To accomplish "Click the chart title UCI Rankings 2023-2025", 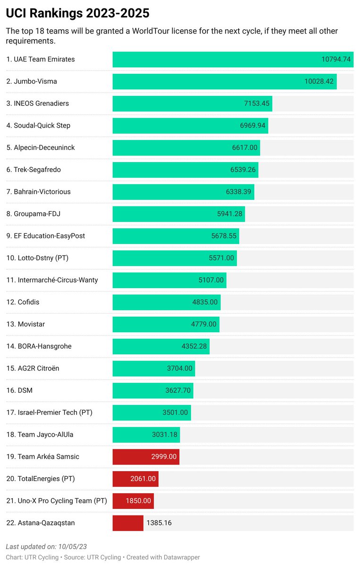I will [78, 13].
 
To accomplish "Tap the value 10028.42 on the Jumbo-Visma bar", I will [319, 82].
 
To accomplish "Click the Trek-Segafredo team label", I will [34, 170].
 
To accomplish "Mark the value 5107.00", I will [211, 280].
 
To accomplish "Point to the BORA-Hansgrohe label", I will [39, 346].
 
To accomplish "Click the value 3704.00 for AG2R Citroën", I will [180, 369].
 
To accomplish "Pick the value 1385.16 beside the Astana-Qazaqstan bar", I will [159, 523].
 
